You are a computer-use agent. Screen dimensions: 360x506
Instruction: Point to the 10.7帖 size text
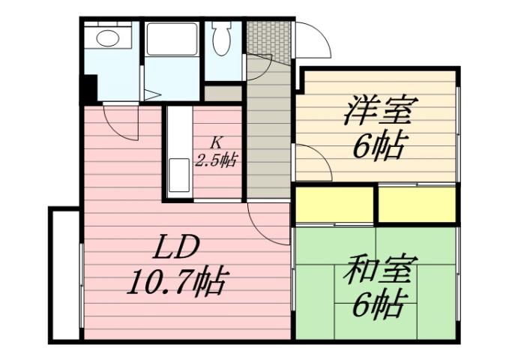177,283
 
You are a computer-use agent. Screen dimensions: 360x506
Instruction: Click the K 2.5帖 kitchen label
216,150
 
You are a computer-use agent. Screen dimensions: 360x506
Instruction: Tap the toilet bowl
222,39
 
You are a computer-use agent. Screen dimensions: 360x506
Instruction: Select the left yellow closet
334,205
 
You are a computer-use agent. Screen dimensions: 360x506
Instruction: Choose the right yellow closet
417,205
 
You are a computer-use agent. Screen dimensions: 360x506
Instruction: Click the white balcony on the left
64,274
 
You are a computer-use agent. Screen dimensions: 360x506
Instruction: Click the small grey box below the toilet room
223,94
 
